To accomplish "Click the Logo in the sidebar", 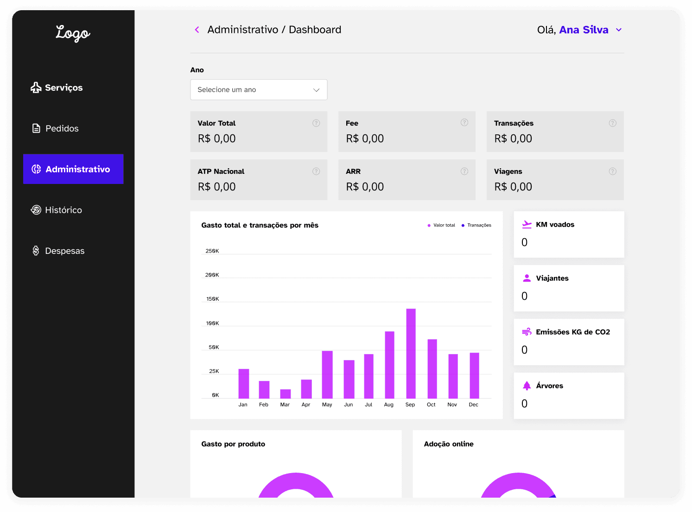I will click(73, 33).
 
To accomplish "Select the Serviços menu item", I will click(57, 88).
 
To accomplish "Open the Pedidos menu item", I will click(55, 128).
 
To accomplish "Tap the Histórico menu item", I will click(56, 210).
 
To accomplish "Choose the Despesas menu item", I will click(58, 251).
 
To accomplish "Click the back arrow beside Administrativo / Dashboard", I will click(197, 30).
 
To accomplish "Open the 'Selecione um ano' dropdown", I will click(259, 90).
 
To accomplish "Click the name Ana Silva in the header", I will click(584, 30).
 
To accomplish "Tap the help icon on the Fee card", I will click(464, 123).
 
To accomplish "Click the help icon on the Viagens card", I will click(612, 171).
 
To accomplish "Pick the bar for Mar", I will click(286, 393).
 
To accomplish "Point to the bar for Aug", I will click(389, 365).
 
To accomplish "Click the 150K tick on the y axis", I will click(213, 299).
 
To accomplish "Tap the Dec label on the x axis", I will click(473, 405).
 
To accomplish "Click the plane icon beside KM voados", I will click(527, 225).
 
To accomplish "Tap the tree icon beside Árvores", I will click(527, 386).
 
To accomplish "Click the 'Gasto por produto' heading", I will click(233, 444).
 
